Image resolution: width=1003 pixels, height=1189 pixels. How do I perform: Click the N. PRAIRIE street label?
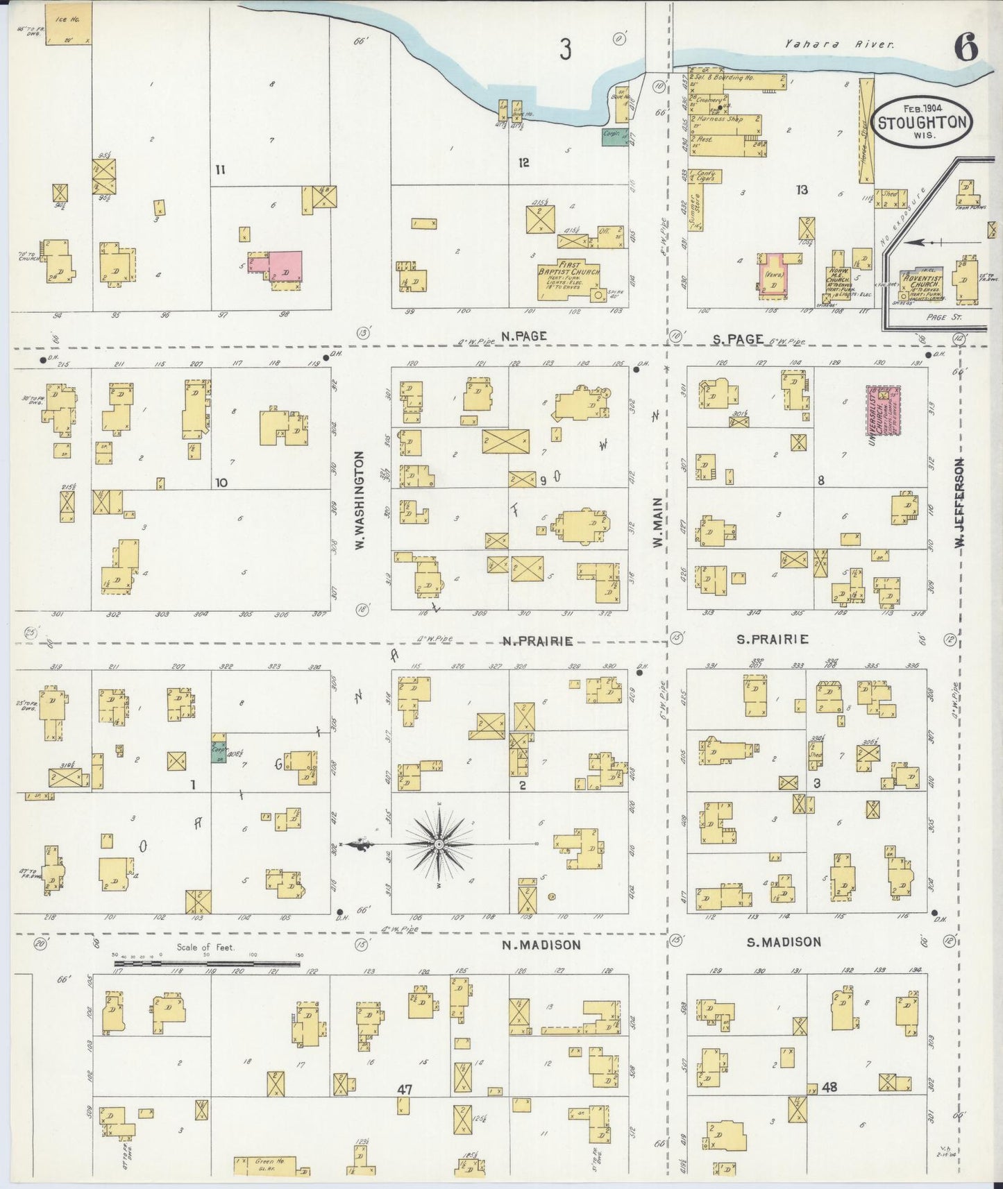538,641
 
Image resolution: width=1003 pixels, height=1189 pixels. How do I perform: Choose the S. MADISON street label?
784,941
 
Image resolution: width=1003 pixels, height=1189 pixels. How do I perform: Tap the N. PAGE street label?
524,336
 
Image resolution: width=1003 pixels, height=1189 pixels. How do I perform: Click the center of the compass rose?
439,844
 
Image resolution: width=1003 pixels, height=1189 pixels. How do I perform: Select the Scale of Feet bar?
207,964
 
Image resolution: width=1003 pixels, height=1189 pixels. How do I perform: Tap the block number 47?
405,1089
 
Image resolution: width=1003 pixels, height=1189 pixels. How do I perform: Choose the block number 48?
829,1087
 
